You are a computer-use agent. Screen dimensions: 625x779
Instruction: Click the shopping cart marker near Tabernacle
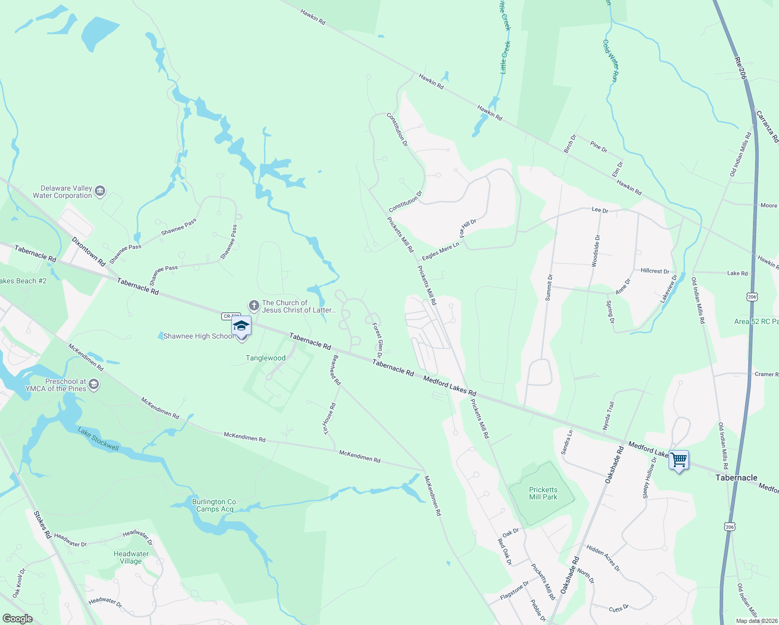coord(679,460)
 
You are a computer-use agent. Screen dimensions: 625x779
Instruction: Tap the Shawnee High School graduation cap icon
coord(241,326)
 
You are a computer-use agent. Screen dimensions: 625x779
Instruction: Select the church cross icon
coord(254,306)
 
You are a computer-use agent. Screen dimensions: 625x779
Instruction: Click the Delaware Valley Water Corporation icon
coord(100,192)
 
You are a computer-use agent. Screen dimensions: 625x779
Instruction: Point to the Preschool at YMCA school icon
coord(94,385)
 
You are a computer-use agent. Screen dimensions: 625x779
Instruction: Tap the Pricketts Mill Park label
coord(543,493)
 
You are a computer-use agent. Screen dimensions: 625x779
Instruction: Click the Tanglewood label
coord(266,358)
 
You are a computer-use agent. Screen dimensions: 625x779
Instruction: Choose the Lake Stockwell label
coord(98,439)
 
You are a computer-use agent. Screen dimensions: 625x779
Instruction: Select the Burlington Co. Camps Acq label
coord(215,505)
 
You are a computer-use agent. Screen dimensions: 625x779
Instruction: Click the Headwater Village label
coord(131,557)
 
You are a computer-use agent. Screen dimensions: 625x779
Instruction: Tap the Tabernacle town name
coord(736,478)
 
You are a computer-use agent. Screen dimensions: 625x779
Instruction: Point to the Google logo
coord(17,618)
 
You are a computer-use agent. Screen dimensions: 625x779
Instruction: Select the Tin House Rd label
coord(330,418)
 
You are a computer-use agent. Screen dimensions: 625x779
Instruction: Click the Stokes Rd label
coord(43,524)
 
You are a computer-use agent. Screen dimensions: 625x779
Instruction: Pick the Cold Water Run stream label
coord(610,60)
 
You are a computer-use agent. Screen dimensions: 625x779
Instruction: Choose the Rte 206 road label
coord(741,68)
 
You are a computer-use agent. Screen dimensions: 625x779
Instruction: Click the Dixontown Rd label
coord(89,252)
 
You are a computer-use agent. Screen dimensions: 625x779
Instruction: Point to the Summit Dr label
coord(549,287)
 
